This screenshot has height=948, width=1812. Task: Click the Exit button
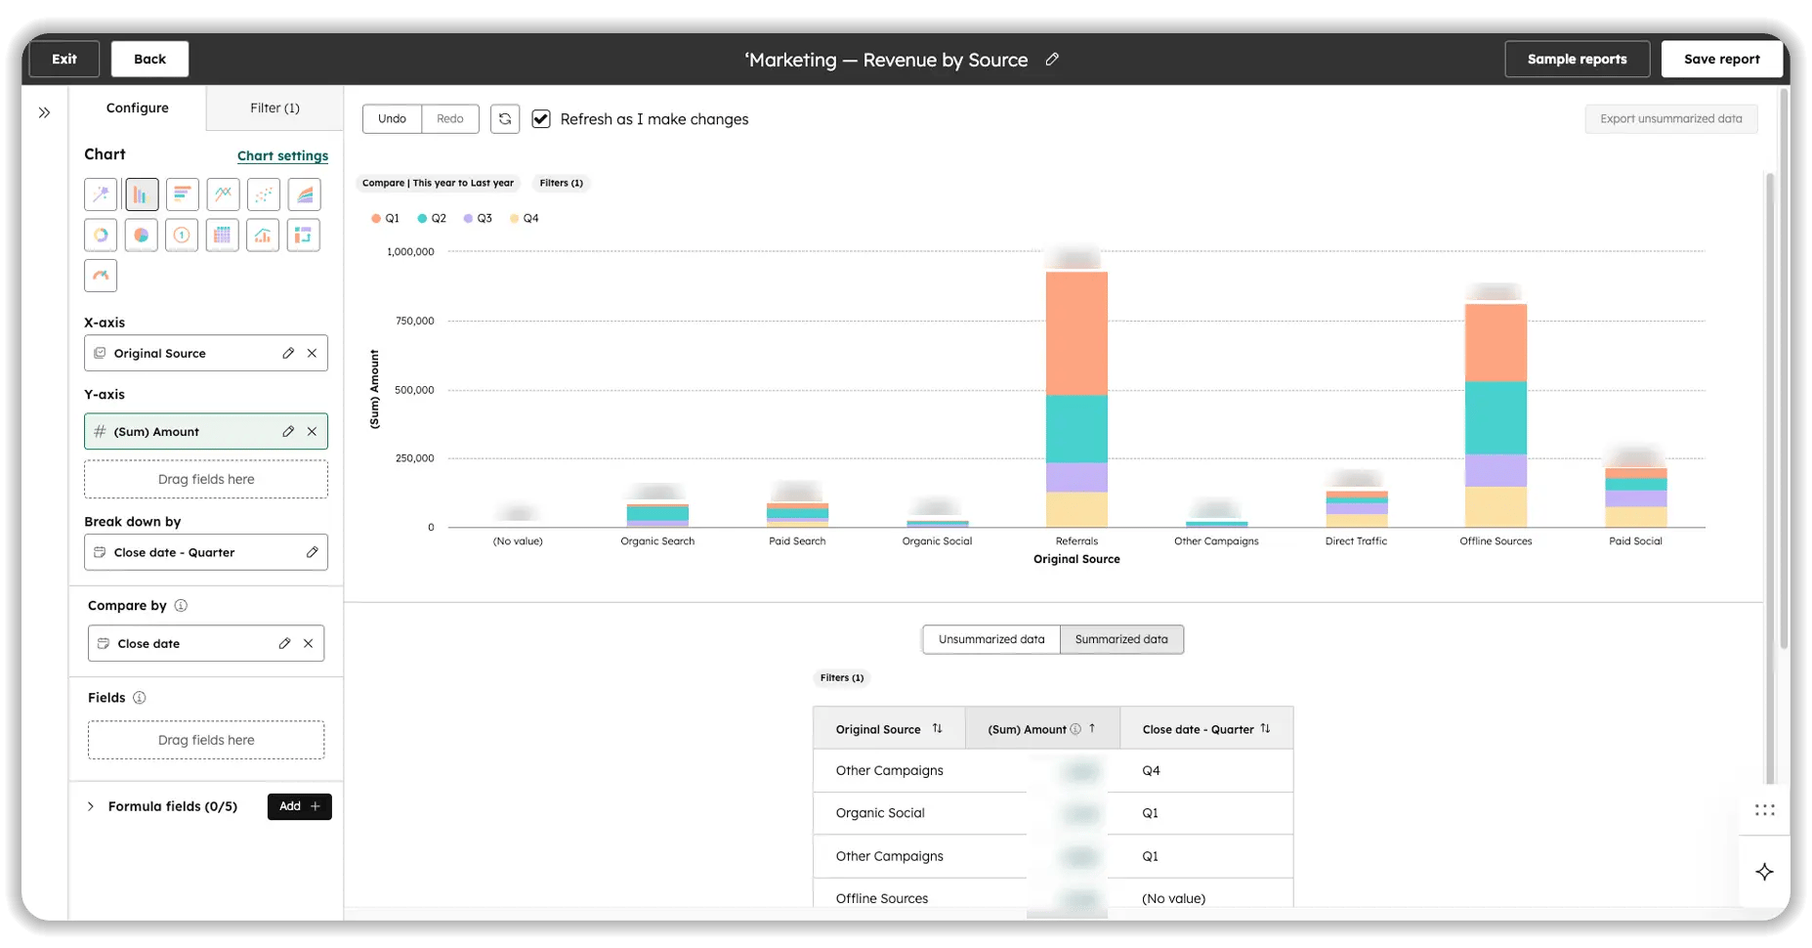tap(64, 59)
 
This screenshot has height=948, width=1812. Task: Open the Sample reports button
tap(1577, 59)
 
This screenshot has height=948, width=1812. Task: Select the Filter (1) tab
tap(274, 108)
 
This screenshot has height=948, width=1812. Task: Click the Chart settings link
tap(282, 155)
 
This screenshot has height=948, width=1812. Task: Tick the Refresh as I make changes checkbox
tap(541, 119)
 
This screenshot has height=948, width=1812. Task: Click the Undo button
tap(392, 118)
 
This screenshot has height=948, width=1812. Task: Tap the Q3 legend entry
tap(478, 218)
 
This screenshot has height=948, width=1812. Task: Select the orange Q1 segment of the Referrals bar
tap(1076, 332)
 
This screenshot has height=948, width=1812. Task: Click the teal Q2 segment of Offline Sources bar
tap(1496, 417)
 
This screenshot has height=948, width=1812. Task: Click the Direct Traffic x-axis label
tap(1356, 540)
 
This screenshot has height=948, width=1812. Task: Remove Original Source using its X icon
tap(312, 353)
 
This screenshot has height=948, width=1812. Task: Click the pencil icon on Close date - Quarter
tap(312, 552)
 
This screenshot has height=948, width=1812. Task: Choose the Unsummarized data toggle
tap(990, 639)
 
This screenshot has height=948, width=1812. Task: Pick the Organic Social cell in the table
tap(880, 813)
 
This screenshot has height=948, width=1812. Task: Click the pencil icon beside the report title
tap(1052, 60)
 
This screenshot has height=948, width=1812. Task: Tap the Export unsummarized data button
tap(1670, 119)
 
